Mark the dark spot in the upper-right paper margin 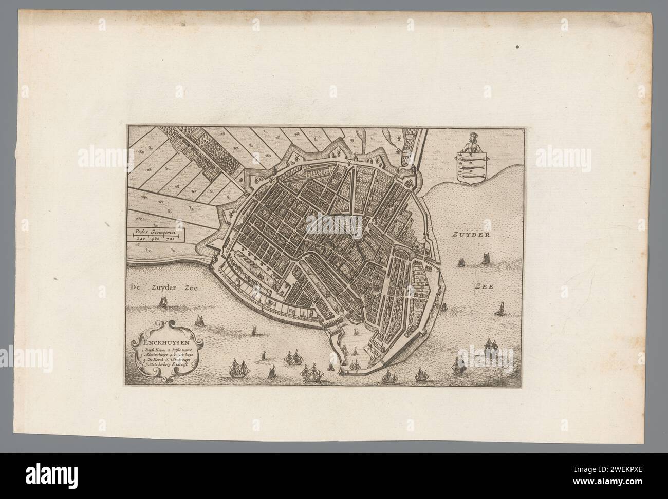(x=517, y=47)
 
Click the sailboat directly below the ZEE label (x=498, y=309)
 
